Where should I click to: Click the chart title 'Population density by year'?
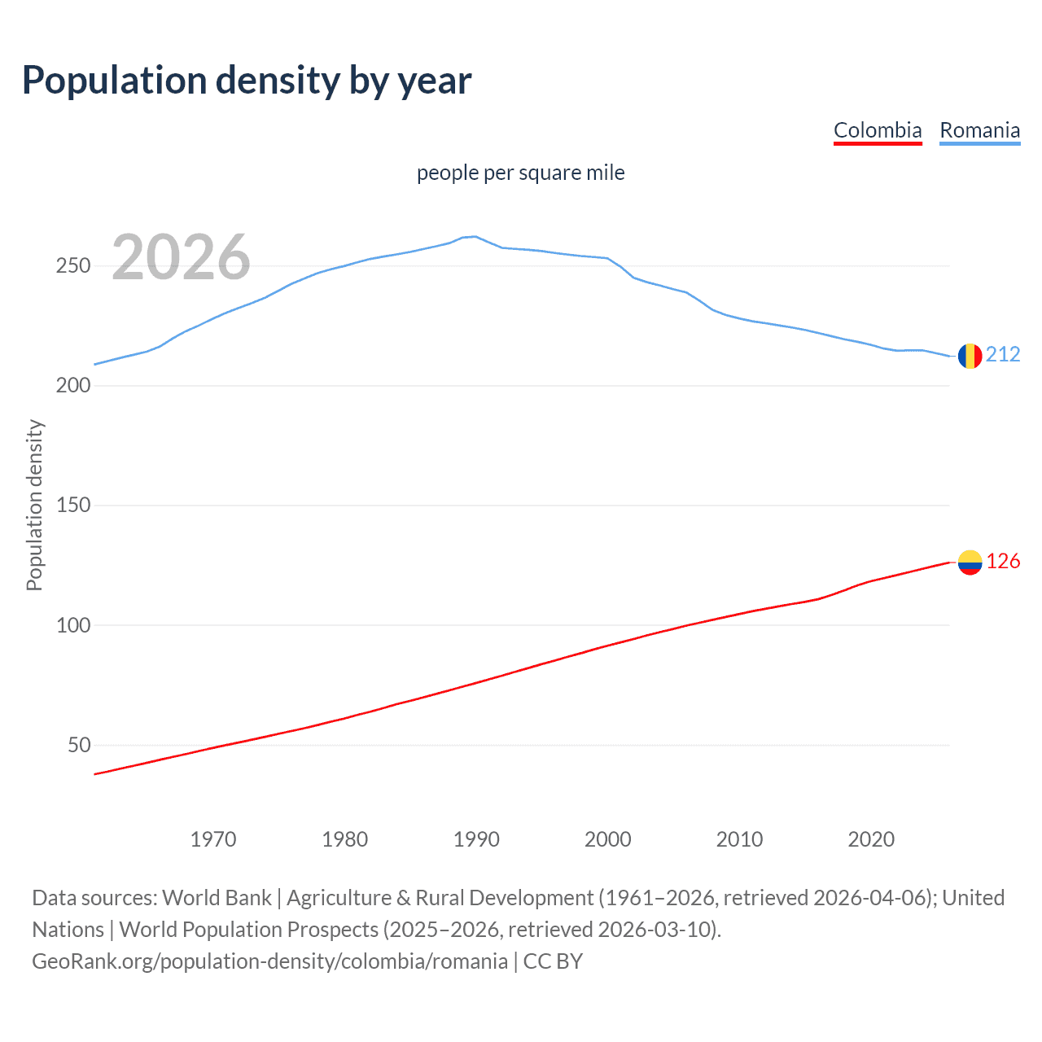(x=247, y=81)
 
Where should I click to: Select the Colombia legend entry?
(x=878, y=130)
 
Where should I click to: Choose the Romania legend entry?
(x=979, y=130)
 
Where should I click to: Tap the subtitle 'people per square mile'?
(x=520, y=173)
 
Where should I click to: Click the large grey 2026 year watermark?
(x=181, y=257)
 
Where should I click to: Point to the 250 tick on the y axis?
(x=73, y=266)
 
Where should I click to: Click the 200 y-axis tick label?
(x=73, y=386)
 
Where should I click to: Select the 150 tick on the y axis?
(x=73, y=506)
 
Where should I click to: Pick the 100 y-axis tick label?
(x=73, y=625)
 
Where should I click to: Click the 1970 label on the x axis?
(x=213, y=839)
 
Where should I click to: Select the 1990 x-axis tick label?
(x=476, y=839)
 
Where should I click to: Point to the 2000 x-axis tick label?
(x=608, y=839)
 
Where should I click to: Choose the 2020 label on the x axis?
(x=871, y=839)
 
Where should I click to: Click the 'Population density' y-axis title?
(x=34, y=505)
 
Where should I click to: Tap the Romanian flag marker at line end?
(x=970, y=356)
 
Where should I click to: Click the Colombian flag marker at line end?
(x=970, y=563)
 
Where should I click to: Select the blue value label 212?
(x=1003, y=354)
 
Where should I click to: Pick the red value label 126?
(x=1003, y=562)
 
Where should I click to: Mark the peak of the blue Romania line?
(x=475, y=236)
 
